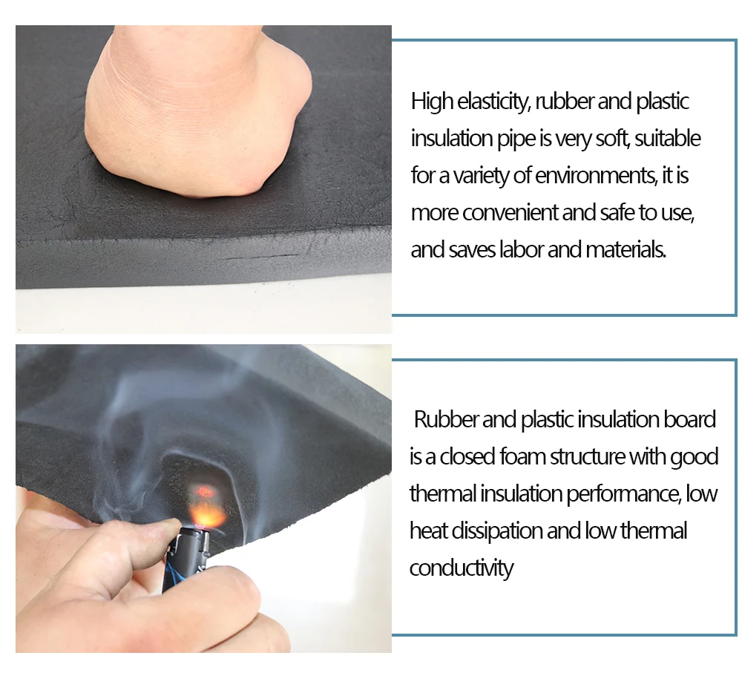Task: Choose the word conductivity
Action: click(x=461, y=568)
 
